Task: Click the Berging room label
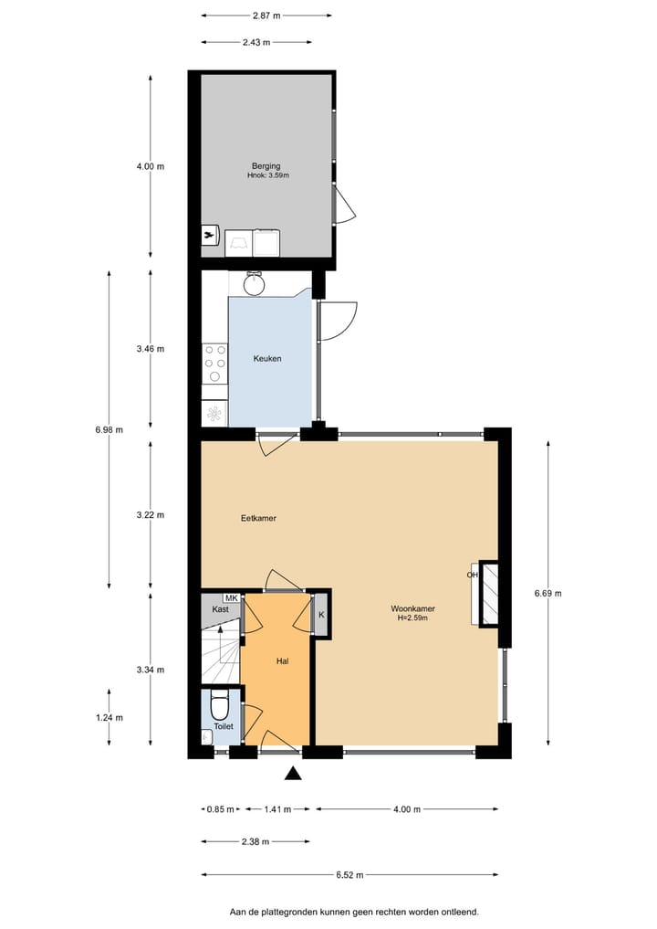266,166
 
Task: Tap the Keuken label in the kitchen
267,359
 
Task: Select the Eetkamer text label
258,518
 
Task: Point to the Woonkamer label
412,608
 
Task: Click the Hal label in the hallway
283,660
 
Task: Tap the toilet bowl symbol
219,706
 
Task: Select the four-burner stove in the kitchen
215,363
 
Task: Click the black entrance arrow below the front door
292,775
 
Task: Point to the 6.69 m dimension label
547,593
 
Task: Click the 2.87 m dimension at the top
266,16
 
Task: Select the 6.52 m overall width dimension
349,875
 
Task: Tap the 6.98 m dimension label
109,429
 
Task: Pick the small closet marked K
321,614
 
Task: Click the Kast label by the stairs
220,609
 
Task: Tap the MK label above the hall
231,597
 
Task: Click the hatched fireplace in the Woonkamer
489,593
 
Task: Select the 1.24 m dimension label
109,717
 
